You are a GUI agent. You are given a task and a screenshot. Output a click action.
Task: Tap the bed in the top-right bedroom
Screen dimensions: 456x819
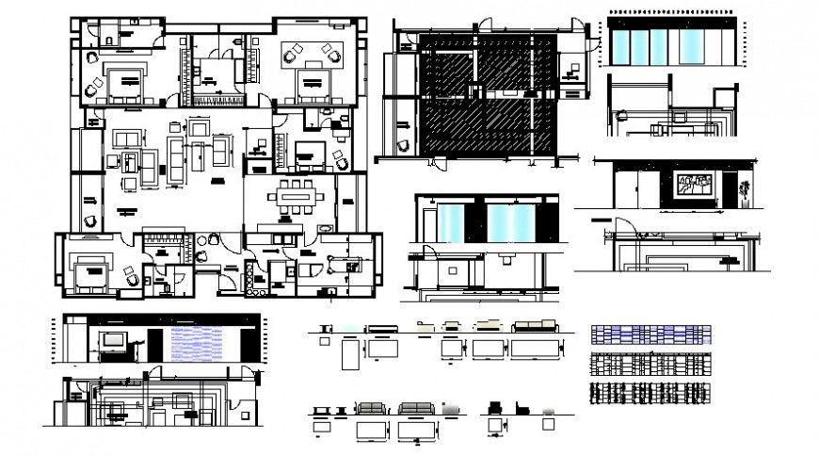tap(311, 85)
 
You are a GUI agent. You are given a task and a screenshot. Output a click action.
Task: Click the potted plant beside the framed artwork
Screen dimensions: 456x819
tap(746, 191)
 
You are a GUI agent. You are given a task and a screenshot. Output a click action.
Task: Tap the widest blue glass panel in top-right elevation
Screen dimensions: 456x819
tap(689, 45)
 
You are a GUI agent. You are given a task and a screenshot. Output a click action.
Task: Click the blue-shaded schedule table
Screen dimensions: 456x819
tap(650, 334)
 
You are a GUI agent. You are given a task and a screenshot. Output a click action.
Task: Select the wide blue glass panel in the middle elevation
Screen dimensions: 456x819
tap(511, 224)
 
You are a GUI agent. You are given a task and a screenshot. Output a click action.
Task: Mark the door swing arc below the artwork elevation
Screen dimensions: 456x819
tap(621, 227)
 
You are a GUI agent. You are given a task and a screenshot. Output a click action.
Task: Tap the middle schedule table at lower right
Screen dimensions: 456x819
tap(650, 365)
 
